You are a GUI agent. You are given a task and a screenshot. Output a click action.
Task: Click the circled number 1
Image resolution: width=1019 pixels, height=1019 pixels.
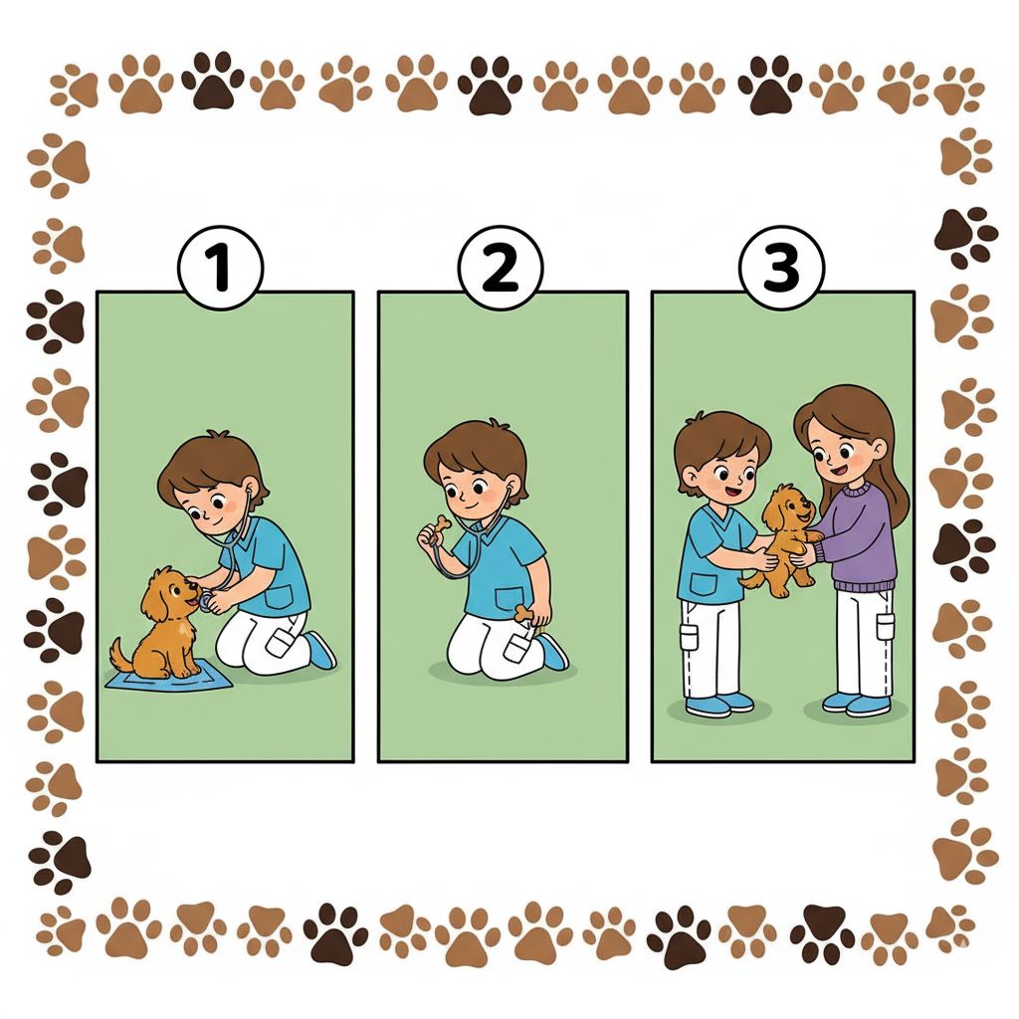220,268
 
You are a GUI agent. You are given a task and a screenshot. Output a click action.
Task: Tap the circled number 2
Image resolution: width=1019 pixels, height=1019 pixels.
500,268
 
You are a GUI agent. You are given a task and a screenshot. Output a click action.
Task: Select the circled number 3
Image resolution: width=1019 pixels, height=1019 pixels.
782,268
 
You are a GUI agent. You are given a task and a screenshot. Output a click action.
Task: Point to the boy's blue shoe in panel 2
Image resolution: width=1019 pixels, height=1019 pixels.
552,652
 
